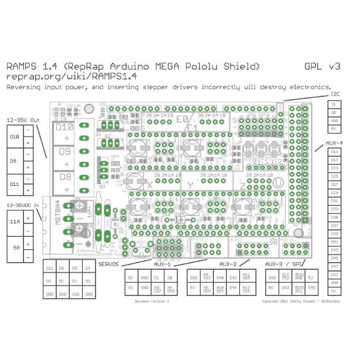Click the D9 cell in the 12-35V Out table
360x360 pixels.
click(x=15, y=159)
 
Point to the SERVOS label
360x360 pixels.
click(x=109, y=264)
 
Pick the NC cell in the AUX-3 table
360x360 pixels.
click(x=272, y=287)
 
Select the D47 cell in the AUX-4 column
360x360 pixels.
click(x=335, y=266)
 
